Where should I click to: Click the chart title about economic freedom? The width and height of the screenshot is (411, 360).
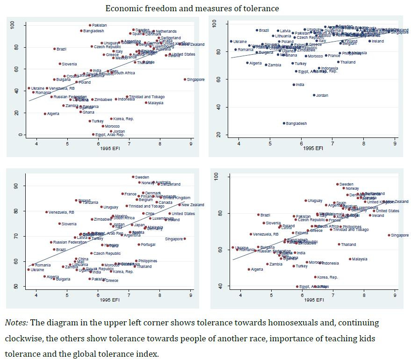coord(192,8)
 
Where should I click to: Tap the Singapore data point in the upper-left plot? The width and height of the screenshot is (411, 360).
coord(185,79)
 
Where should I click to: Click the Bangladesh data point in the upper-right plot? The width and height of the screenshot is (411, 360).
coord(283,123)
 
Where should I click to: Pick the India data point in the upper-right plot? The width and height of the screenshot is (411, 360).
coord(294,85)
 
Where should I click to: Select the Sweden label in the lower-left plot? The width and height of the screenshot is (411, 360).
coord(142,178)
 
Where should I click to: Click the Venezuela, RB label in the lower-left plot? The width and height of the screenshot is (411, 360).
coord(61,212)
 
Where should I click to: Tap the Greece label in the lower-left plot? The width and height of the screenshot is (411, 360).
coord(112,281)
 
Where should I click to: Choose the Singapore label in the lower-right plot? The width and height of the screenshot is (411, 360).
coord(400,235)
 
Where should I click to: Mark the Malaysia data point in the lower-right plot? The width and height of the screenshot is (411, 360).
coord(350,259)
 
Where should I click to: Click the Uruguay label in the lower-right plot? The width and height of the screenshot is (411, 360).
coord(315,201)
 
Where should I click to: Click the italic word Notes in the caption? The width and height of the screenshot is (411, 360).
coord(16,323)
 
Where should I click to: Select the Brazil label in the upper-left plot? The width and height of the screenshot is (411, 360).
coord(61,49)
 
